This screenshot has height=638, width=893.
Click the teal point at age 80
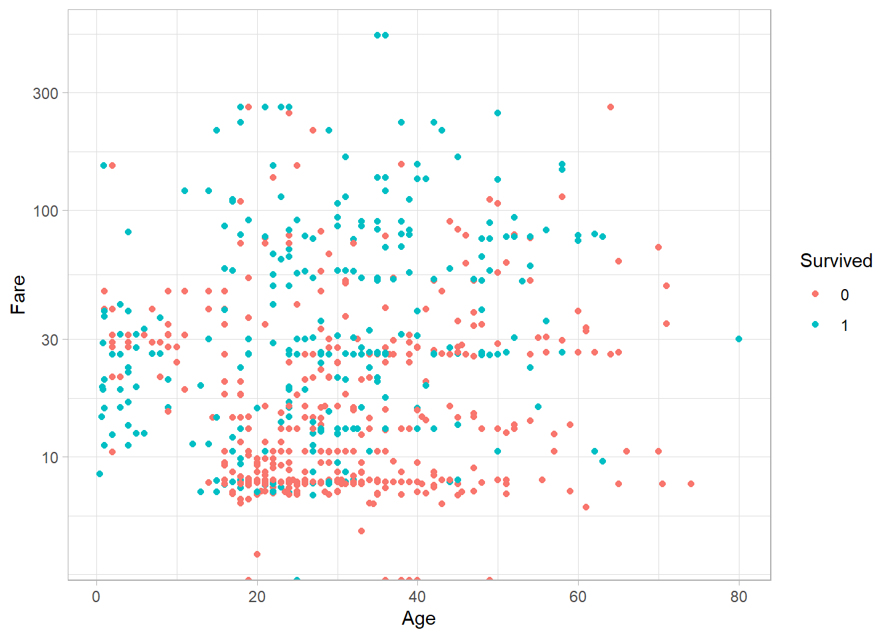point(739,339)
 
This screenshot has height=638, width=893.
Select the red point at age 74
point(691,484)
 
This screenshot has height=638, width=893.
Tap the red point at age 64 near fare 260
point(611,107)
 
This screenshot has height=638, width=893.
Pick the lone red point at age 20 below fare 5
point(257,554)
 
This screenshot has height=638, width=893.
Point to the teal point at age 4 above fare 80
point(128,232)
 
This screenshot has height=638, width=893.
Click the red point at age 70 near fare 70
point(658,247)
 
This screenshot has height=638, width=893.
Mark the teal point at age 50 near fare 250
point(498,113)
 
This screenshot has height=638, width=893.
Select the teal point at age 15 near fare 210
point(217,130)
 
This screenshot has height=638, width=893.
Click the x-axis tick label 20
point(257,597)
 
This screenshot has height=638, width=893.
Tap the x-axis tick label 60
point(578,597)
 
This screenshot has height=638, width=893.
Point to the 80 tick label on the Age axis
point(739,597)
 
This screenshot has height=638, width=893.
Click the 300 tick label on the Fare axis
point(45,94)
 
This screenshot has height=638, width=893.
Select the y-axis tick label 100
point(45,211)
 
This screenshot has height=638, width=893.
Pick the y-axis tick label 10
point(50,458)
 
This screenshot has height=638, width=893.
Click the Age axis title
point(419,619)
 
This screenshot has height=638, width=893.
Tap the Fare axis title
point(18,294)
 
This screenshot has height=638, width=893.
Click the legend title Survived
point(836,261)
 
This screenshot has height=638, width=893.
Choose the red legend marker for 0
point(816,294)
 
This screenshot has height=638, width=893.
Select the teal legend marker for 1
point(816,325)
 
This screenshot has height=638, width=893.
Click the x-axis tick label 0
point(96,597)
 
